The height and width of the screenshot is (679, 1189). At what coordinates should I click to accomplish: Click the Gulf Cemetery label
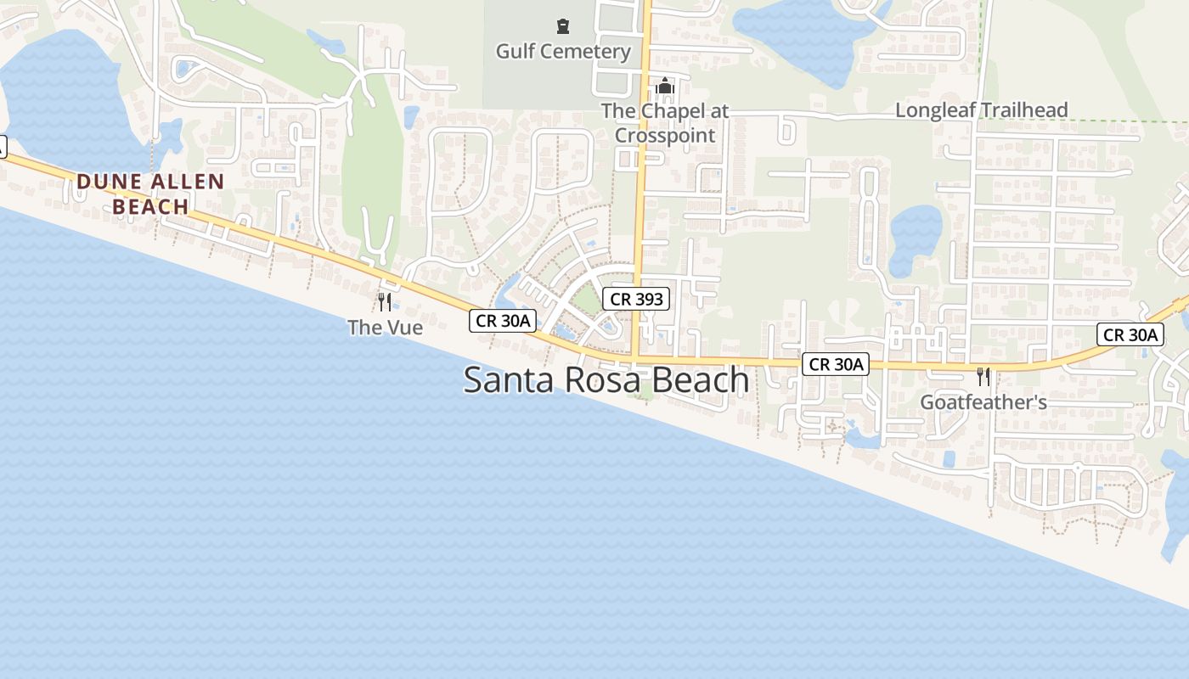[x=563, y=51]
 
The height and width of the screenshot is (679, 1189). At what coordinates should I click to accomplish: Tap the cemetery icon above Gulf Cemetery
[x=562, y=27]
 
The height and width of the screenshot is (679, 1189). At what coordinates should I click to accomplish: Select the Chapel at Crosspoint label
[x=665, y=123]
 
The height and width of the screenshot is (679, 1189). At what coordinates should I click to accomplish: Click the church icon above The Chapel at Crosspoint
[x=665, y=87]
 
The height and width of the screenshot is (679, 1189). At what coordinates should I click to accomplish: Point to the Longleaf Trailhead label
[x=981, y=110]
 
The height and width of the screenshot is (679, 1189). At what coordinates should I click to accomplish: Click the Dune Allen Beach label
[x=150, y=194]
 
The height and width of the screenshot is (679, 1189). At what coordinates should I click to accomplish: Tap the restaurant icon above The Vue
[x=385, y=301]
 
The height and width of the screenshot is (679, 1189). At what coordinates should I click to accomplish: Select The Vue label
[x=385, y=327]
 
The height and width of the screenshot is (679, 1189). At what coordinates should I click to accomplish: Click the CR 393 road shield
[x=636, y=299]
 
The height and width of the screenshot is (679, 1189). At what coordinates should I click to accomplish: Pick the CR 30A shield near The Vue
[x=503, y=320]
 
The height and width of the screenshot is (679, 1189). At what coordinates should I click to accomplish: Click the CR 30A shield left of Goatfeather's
[x=836, y=365]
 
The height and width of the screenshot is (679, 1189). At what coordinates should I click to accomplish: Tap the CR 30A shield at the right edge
[x=1130, y=334]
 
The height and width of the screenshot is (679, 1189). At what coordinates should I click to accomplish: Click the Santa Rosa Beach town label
[x=606, y=379]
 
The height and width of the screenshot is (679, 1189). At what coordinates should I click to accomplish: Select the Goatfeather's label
[x=983, y=401]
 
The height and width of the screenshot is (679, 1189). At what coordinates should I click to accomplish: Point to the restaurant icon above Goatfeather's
[x=983, y=376]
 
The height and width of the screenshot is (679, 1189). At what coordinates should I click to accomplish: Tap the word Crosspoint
[x=665, y=135]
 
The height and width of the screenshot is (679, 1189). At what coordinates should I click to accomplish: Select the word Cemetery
[x=588, y=51]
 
